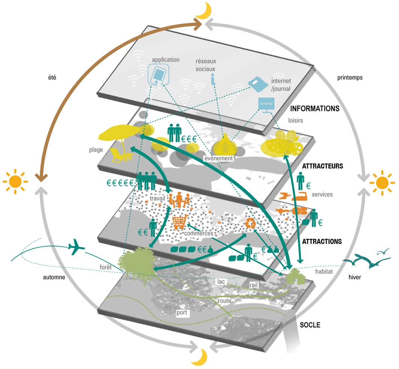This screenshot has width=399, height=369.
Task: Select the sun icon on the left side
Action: point(15,181)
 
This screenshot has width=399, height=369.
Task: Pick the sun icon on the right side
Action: point(382,183)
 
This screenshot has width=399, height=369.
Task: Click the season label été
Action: point(52,77)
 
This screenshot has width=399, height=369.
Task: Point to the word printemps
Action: point(350,78)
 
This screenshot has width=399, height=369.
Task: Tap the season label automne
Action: point(54,277)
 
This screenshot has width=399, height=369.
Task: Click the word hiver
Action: point(355,277)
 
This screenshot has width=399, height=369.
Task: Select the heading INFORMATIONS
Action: point(315,108)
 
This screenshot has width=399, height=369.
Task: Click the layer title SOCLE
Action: point(310,325)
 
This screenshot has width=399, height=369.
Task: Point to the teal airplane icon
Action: point(76,247)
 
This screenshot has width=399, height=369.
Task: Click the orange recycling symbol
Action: point(251,223)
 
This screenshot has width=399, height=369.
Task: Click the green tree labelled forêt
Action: point(136,260)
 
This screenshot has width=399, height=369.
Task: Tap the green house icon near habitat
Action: point(295,276)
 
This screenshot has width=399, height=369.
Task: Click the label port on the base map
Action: point(182,312)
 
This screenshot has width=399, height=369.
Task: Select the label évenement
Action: point(219,158)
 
